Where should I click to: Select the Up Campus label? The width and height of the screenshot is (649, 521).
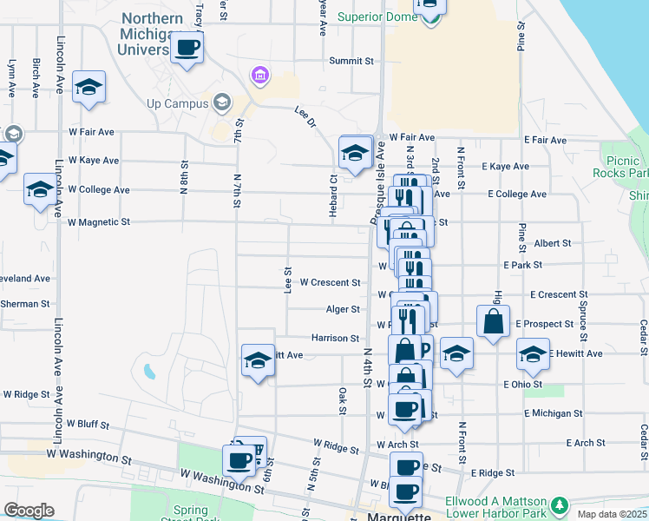point(178,103)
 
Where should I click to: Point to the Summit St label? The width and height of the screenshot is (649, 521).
point(351,62)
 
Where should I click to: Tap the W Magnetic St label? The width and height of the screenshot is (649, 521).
point(98,222)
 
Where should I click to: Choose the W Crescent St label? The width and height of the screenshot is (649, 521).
point(330,282)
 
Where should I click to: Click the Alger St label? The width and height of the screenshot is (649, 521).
point(343,309)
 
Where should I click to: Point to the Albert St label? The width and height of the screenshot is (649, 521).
point(553,244)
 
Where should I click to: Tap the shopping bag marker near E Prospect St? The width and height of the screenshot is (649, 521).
point(493,320)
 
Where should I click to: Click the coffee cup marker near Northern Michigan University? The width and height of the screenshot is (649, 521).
point(187,48)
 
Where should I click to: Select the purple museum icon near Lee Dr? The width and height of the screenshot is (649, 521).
point(259,76)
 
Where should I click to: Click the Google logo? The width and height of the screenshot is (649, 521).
point(29,511)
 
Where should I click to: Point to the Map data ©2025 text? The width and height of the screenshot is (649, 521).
point(611,514)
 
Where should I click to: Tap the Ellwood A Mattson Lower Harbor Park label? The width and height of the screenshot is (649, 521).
point(496,509)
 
